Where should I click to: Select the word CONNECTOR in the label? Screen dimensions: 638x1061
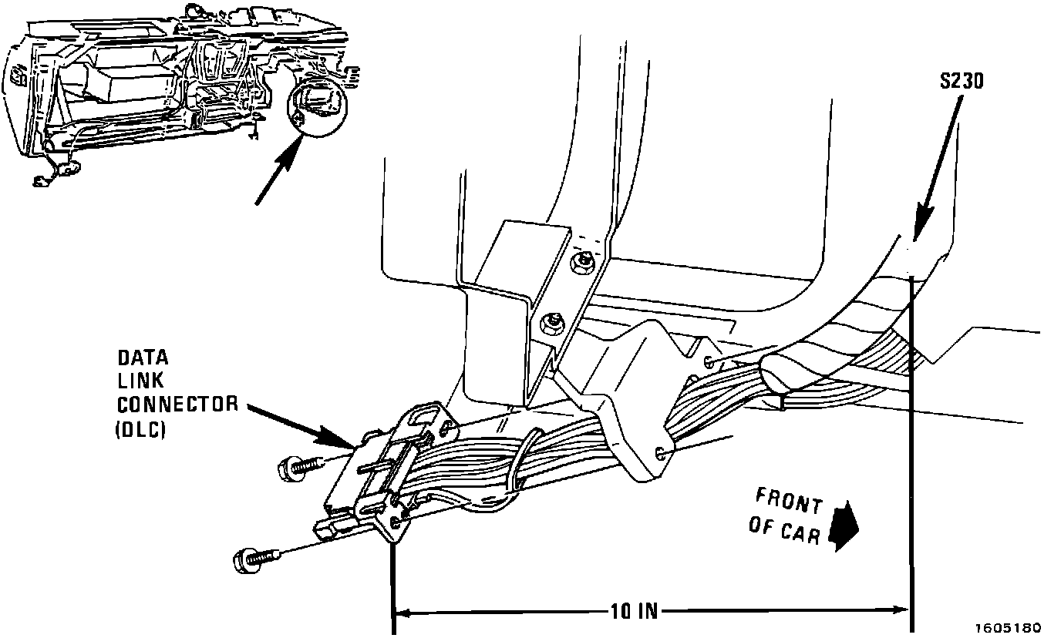[177, 404]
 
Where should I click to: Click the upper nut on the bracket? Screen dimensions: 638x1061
[583, 263]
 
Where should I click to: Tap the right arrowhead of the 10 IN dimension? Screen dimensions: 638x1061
[904, 612]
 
